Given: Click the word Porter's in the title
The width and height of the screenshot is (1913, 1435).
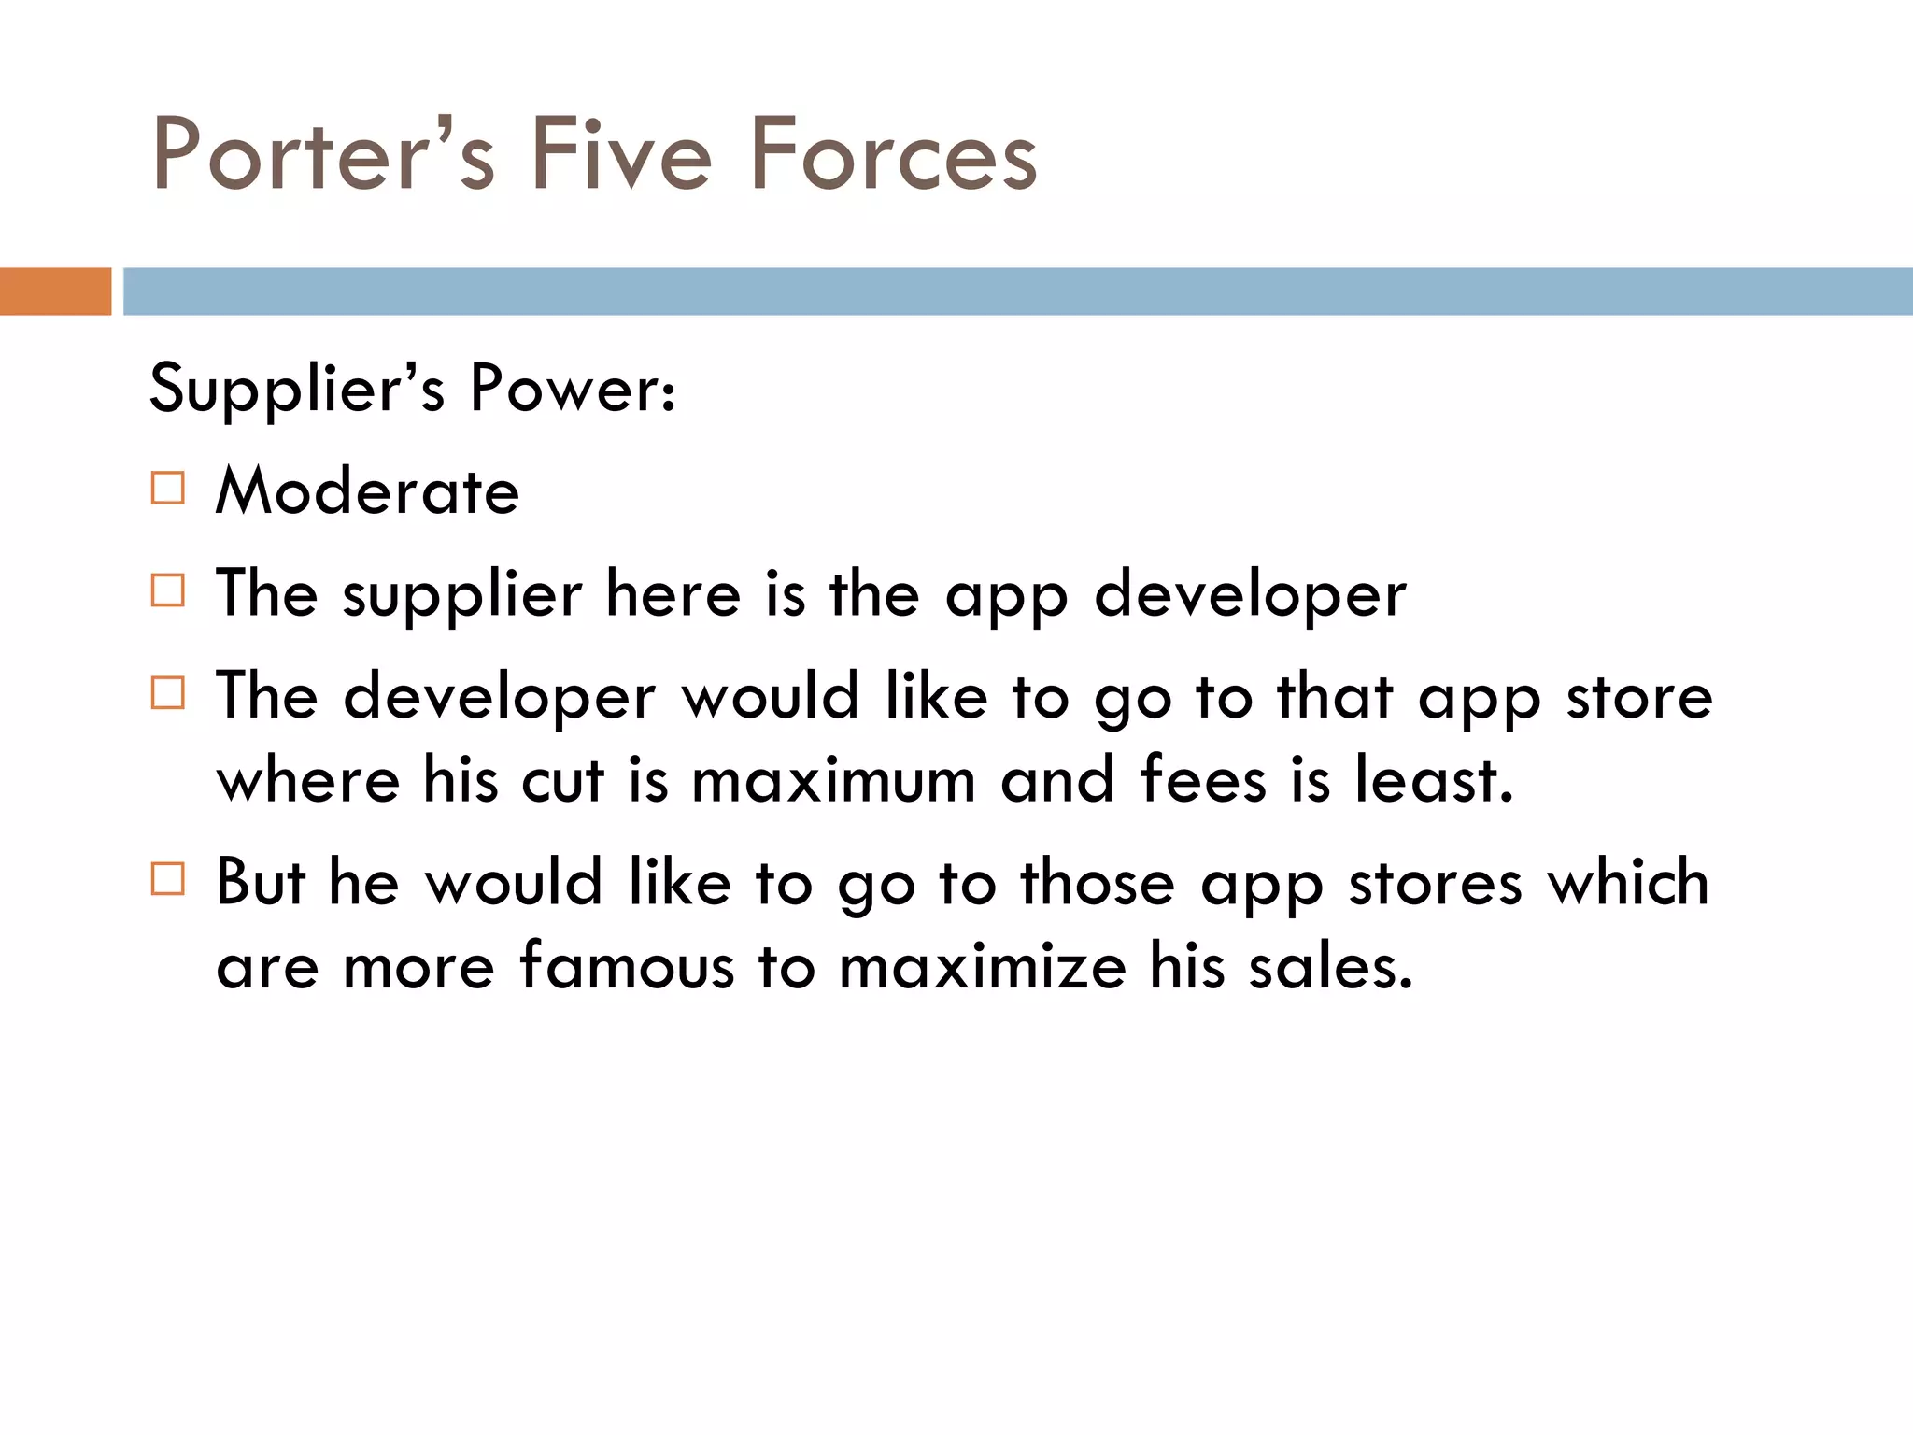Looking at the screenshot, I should [323, 154].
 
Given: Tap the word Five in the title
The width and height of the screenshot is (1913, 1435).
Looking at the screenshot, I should [621, 154].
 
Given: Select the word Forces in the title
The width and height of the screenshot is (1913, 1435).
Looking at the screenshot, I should [893, 154].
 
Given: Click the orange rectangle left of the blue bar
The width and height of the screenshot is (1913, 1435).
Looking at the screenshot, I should [55, 291].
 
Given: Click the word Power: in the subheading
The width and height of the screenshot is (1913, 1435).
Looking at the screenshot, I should [572, 389].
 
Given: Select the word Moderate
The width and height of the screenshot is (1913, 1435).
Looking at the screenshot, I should [367, 491].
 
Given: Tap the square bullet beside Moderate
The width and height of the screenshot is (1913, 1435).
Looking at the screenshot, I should [168, 489].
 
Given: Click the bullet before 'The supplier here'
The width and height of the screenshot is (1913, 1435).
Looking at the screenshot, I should [168, 590].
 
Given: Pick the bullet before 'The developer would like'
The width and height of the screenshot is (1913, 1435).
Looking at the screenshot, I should [168, 693].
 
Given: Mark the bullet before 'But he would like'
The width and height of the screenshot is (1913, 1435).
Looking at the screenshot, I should [168, 879].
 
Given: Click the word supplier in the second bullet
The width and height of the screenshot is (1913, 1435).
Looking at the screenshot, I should [462, 596].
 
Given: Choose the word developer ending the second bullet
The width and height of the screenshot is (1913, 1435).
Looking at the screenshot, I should [1250, 596].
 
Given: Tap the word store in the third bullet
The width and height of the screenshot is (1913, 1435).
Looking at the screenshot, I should [1639, 698].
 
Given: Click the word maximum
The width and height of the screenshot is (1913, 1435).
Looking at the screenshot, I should [834, 781].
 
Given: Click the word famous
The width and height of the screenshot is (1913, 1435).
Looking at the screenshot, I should [627, 966].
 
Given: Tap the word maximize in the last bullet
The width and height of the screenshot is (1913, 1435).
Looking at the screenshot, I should [983, 966].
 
